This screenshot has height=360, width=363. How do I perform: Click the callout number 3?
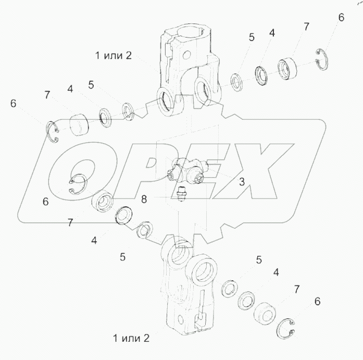pyautogui.click(x=242, y=182)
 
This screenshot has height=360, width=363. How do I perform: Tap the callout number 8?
pyautogui.click(x=144, y=199)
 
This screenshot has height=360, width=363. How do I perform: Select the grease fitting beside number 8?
pyautogui.click(x=181, y=194)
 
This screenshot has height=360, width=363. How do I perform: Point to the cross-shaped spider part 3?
pyautogui.click(x=186, y=171)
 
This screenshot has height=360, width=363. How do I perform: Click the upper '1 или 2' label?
pyautogui.click(x=114, y=56)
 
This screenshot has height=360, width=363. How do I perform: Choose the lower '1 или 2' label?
pyautogui.click(x=131, y=338)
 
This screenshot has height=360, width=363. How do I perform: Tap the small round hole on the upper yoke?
pyautogui.click(x=186, y=55)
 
